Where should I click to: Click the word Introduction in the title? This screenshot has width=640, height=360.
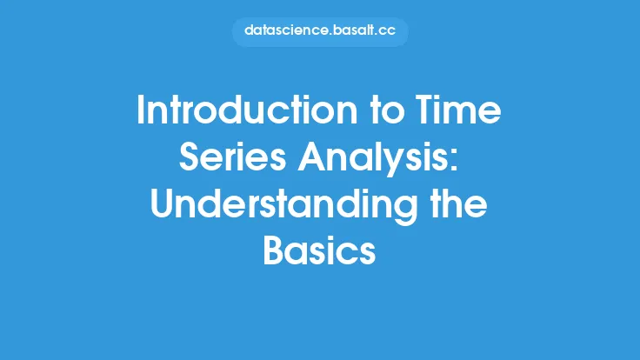coord(247,110)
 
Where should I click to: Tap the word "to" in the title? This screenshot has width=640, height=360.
coord(387,110)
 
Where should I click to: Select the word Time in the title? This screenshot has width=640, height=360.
coord(458,110)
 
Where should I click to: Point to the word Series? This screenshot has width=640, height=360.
coord(233,157)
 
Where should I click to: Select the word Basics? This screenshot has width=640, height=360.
coord(319,250)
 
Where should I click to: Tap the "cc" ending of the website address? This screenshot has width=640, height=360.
coord(386,31)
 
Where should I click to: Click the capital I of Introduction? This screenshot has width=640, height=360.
coord(140,110)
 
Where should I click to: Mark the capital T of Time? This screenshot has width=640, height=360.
coord(426,110)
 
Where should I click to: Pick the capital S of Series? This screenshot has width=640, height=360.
coord(190,157)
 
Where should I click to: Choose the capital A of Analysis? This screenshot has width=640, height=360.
coord(312,157)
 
